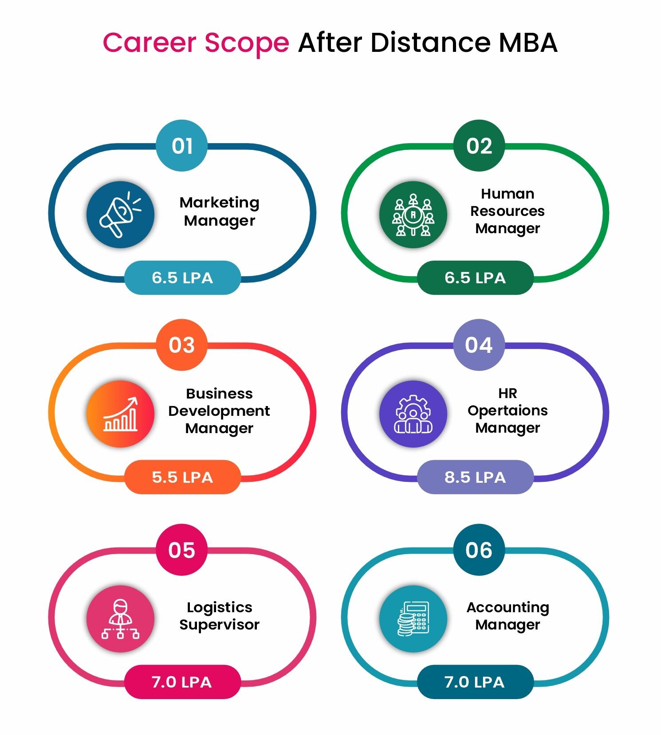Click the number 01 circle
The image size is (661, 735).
(182, 145)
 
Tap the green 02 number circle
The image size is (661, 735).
(479, 145)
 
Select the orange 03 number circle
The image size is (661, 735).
(182, 345)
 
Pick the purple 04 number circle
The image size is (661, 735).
(479, 345)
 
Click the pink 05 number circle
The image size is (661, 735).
(182, 550)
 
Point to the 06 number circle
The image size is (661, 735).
(479, 550)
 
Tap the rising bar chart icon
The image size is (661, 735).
(121, 414)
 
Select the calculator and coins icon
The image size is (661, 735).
(413, 618)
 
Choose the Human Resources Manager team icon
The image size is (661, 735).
(413, 214)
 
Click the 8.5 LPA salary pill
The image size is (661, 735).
(475, 477)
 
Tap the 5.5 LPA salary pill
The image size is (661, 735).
(182, 477)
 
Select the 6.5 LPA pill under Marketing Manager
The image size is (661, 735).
(182, 278)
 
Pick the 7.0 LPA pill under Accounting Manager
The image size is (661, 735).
(475, 682)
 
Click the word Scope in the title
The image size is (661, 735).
(247, 43)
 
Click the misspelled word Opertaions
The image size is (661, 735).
(508, 411)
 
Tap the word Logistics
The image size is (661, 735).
(220, 608)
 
